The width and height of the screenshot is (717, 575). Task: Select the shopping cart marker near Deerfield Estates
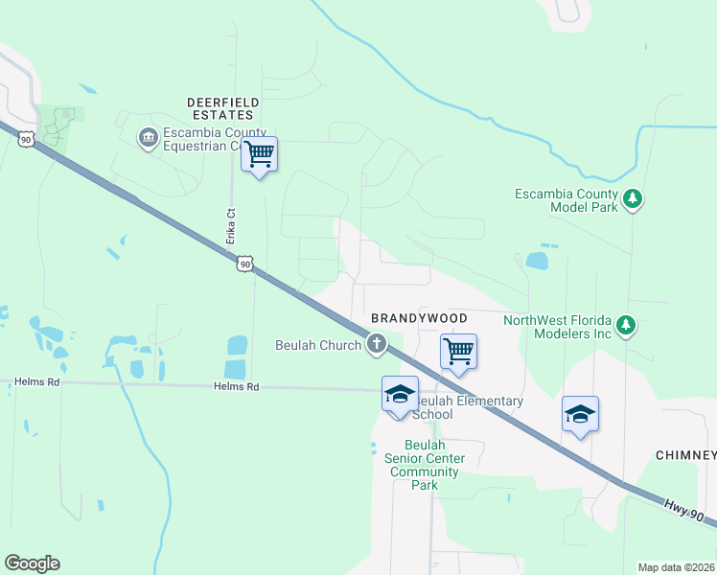pyautogui.click(x=259, y=153)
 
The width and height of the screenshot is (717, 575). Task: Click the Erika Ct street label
pyautogui.click(x=231, y=225)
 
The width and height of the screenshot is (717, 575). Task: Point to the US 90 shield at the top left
pyautogui.click(x=26, y=139)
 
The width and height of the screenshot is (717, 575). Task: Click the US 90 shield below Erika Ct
pyautogui.click(x=245, y=264)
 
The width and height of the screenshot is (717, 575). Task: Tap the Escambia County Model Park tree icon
pyautogui.click(x=632, y=199)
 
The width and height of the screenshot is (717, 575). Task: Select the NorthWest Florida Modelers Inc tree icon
pyautogui.click(x=626, y=326)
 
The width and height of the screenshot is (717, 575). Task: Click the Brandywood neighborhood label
pyautogui.click(x=419, y=318)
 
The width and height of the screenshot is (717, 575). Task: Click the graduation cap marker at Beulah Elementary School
pyautogui.click(x=400, y=394)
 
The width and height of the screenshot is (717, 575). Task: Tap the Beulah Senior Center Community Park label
pyautogui.click(x=425, y=465)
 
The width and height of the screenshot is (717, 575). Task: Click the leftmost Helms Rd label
pyautogui.click(x=36, y=381)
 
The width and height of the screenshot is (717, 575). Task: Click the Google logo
pyautogui.click(x=32, y=563)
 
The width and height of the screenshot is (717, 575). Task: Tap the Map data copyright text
pyautogui.click(x=675, y=567)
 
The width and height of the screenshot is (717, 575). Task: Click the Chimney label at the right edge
pyautogui.click(x=686, y=454)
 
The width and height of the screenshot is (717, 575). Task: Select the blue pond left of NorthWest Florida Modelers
pyautogui.click(x=536, y=261)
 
